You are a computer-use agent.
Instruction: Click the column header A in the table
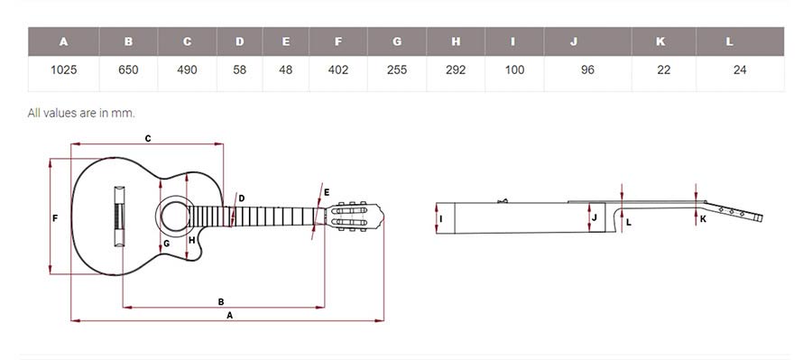pyautogui.click(x=64, y=42)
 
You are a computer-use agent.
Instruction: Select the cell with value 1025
pyautogui.click(x=64, y=69)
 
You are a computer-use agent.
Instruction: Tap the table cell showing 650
pyautogui.click(x=128, y=69)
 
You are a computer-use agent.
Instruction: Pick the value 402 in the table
pyautogui.click(x=338, y=69)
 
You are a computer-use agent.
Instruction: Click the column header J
pyautogui.click(x=574, y=42)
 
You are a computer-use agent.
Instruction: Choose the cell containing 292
pyautogui.click(x=456, y=69)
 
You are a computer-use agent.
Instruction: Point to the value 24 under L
pyautogui.click(x=740, y=69)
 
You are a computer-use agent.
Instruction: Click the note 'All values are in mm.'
pyautogui.click(x=81, y=113)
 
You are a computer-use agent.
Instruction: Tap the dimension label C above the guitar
pyautogui.click(x=148, y=138)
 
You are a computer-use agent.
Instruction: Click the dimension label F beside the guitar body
pyautogui.click(x=55, y=218)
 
